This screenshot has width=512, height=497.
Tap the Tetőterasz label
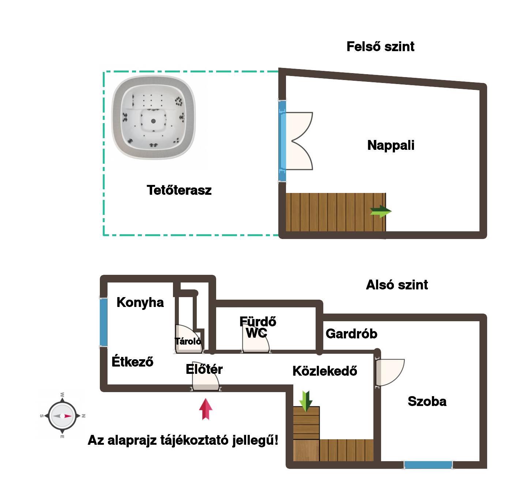pos(179,190)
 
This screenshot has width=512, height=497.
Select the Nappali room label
pos(391,145)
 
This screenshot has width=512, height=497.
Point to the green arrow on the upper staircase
pos(381,211)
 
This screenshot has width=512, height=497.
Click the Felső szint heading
pos(380,46)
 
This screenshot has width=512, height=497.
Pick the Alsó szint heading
pos(397,285)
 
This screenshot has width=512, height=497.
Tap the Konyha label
pos(140,302)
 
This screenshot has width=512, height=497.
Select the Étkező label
pos(132,361)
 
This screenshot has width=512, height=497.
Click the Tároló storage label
pos(188,341)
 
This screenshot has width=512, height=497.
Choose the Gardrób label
pos(351,333)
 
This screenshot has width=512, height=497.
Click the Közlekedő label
pos(325,371)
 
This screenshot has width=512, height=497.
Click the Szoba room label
pos(427,401)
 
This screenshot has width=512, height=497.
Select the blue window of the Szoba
pos(428,465)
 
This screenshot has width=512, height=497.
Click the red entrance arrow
pos(206,409)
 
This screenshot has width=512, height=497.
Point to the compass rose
pos(62,416)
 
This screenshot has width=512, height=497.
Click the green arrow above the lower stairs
pos(305,401)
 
